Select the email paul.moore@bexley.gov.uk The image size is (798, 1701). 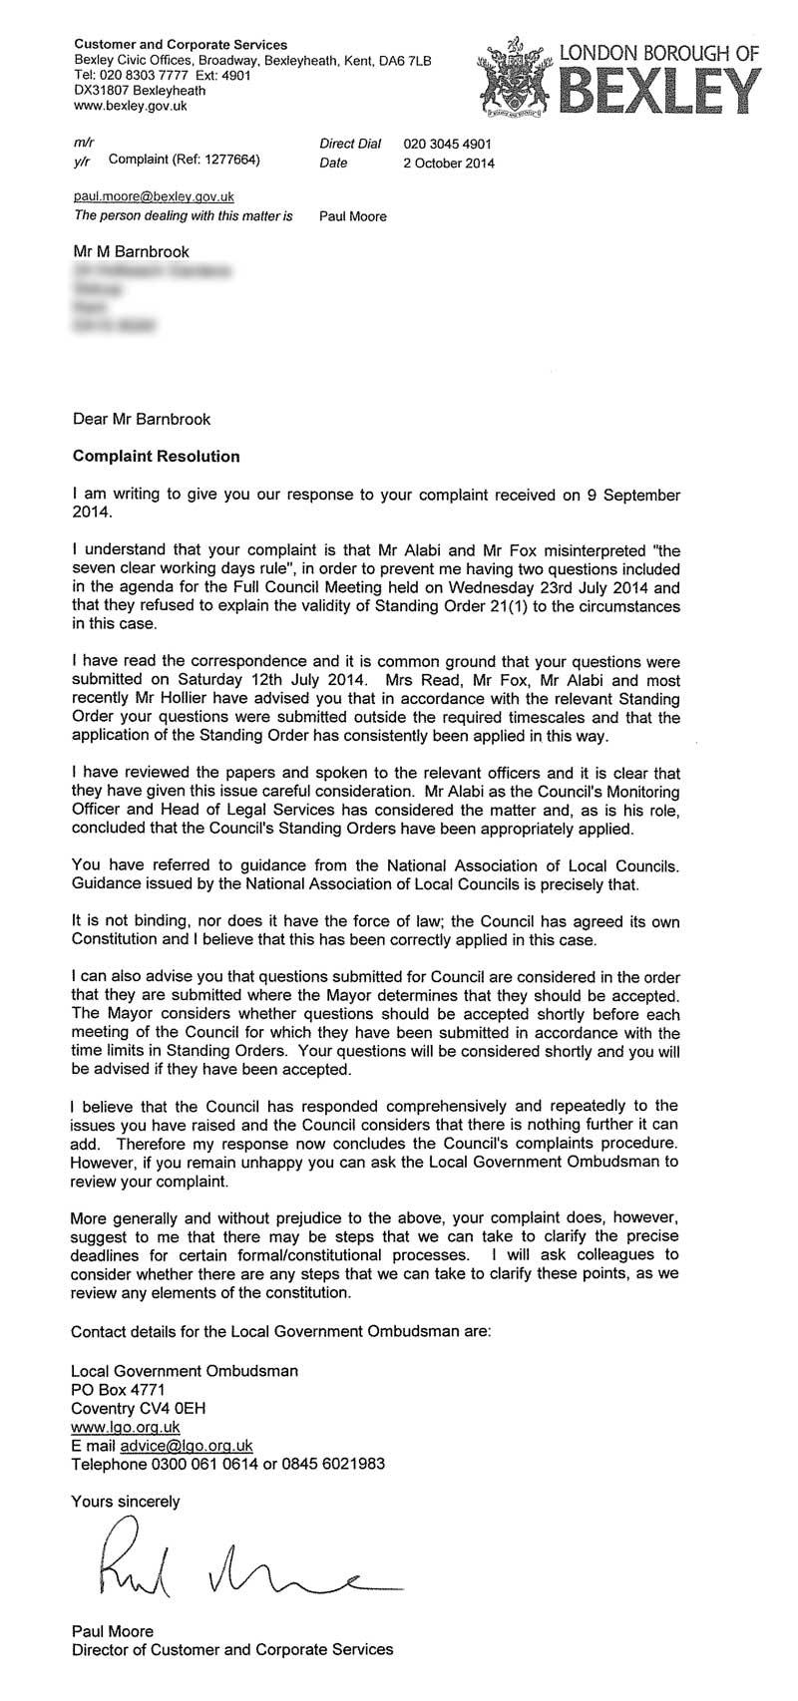(154, 197)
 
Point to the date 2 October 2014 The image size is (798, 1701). (448, 164)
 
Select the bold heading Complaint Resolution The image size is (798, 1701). (157, 457)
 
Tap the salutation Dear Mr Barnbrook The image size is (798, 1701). (142, 420)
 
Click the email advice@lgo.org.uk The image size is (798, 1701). (182, 1446)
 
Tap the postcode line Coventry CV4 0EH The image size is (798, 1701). (139, 1409)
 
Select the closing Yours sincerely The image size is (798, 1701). (126, 1501)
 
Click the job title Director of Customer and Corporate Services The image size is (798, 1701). (231, 1650)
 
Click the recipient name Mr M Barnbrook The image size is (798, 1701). (131, 251)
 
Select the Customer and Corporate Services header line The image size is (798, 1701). (181, 45)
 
